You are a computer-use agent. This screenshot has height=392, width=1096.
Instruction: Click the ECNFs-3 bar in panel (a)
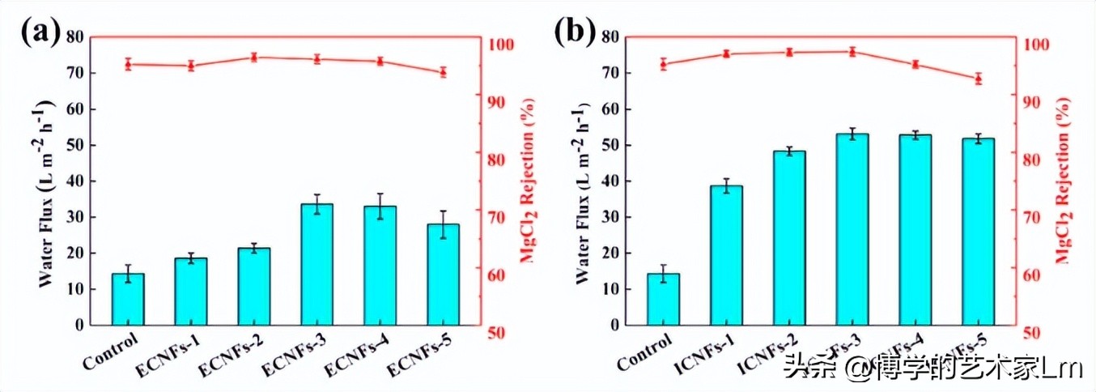coord(317,264)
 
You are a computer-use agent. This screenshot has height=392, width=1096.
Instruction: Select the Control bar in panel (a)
coord(128,299)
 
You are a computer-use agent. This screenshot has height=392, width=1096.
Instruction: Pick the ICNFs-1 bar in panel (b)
coord(726,255)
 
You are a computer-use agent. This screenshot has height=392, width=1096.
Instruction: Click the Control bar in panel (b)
coord(663,299)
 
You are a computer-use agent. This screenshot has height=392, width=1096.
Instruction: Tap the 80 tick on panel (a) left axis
coord(74,37)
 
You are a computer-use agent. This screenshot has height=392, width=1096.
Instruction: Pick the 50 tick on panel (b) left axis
coord(610,146)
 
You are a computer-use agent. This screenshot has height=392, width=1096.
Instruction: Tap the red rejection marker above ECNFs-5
coord(444,72)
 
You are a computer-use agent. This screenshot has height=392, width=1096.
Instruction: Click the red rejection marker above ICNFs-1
coord(726,53)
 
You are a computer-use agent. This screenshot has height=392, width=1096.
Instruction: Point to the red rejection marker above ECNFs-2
coord(254,58)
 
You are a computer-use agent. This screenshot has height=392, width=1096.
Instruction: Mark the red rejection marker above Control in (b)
coord(663,64)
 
